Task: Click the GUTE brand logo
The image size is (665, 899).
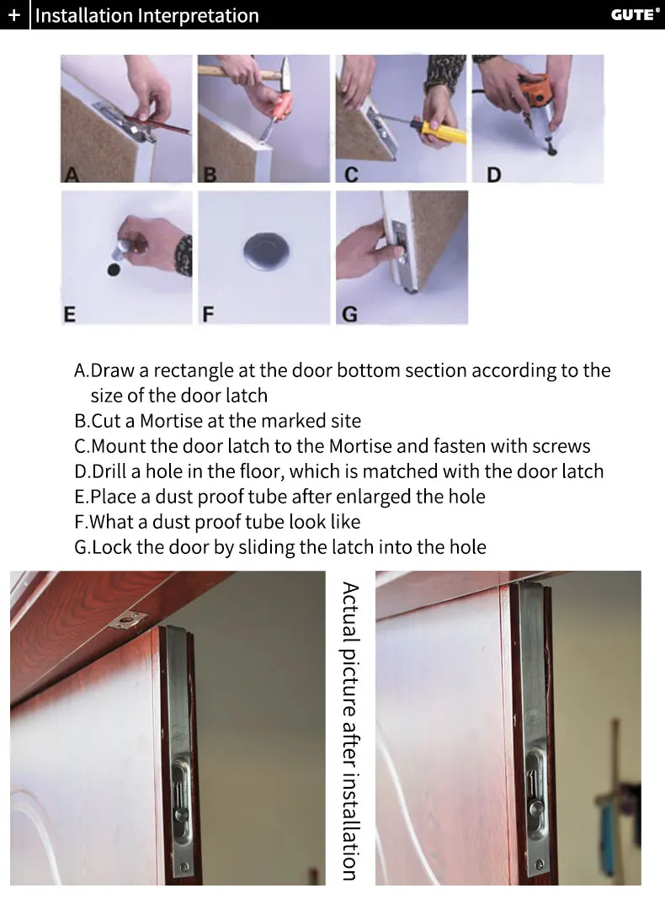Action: point(635,14)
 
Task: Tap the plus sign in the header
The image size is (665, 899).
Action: point(13,15)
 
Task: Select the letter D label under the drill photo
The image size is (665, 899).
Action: point(493,174)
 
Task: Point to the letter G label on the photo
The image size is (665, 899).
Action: point(349,314)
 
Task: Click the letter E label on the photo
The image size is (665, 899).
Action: point(69,314)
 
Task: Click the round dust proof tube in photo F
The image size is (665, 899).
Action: point(266,251)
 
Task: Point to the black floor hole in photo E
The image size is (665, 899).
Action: point(114,269)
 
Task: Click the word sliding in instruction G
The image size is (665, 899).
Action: point(266,547)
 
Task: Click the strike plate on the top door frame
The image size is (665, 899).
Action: point(126,619)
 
